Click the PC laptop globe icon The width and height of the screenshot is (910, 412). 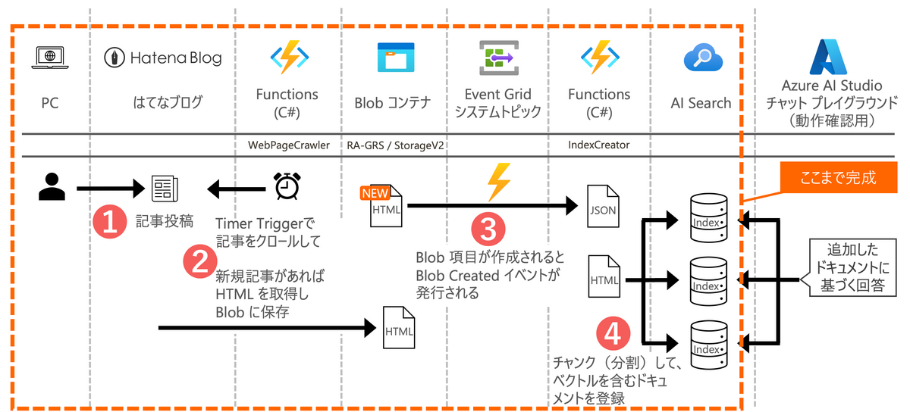pos(49,58)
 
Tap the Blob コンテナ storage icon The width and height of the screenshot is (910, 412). pos(395,58)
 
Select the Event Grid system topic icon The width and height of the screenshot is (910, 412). pos(497,58)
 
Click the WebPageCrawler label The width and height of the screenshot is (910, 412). pos(290,144)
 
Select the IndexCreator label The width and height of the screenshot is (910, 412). pos(599,144)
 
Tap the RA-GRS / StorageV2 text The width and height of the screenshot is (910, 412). pos(395,144)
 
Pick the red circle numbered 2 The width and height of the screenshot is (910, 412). pos(199,261)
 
